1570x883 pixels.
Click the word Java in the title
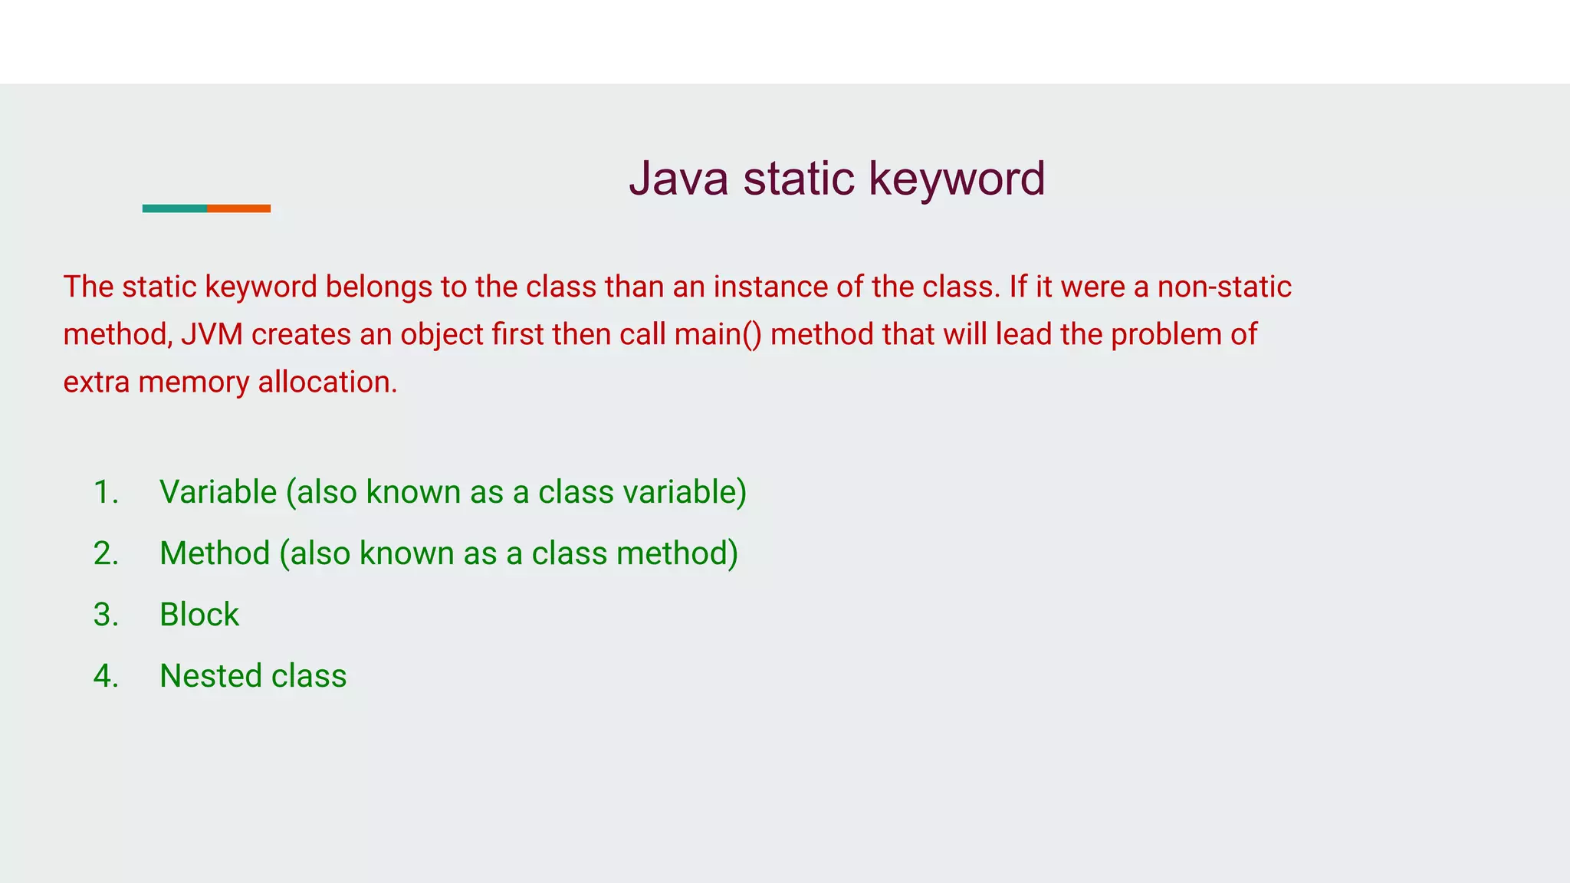pos(678,179)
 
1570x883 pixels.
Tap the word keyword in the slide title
pos(957,179)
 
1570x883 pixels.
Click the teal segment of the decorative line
pos(174,208)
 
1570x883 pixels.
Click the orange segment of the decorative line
pos(238,208)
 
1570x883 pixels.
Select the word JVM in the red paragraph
pos(212,335)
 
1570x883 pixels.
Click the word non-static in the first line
pos(1224,287)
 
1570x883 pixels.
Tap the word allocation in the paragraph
pos(327,382)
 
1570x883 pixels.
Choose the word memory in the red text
pos(193,382)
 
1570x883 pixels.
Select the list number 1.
pos(105,492)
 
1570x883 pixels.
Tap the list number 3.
pos(105,615)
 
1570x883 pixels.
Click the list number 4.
pos(105,676)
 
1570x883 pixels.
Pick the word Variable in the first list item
pos(218,492)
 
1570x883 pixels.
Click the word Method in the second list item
pos(215,553)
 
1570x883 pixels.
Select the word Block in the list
pos(199,615)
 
